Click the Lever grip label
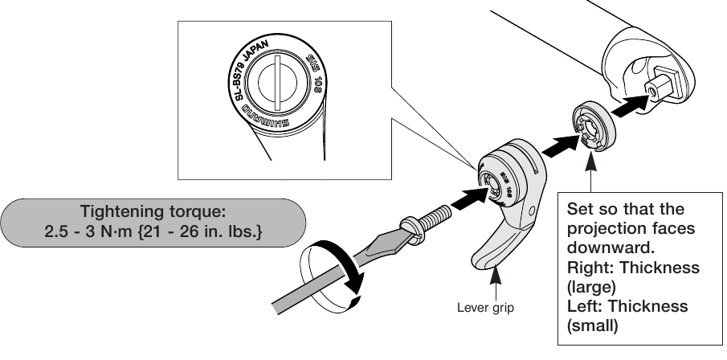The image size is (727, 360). (484, 307)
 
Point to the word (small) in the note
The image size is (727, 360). (593, 325)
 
